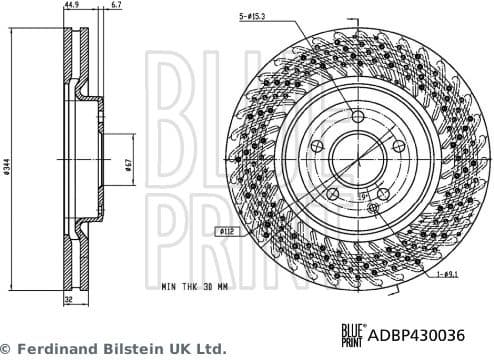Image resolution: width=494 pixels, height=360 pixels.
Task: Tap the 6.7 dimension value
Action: (117, 5)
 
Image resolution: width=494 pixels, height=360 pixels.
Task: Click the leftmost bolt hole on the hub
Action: (317, 147)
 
